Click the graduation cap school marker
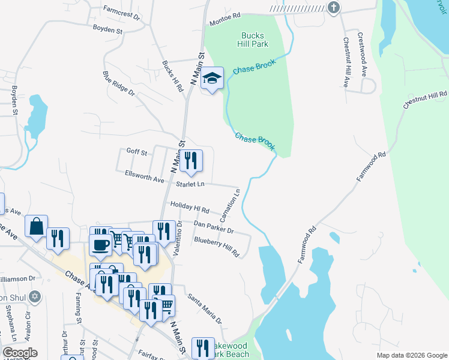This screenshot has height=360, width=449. pyautogui.click(x=212, y=78)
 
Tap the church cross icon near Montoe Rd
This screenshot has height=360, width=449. pyautogui.click(x=334, y=7)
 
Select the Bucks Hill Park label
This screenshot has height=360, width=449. pyautogui.click(x=253, y=40)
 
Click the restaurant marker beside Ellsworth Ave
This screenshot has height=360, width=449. pyautogui.click(x=191, y=160)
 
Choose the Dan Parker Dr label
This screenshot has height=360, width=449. pyautogui.click(x=213, y=226)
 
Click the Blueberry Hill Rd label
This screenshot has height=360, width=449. pyautogui.click(x=216, y=247)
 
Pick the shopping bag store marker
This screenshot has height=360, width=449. pyautogui.click(x=36, y=226)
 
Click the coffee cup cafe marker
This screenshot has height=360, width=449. pyautogui.click(x=100, y=244)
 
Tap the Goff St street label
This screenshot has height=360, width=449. pyautogui.click(x=137, y=152)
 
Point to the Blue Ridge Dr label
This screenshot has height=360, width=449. pyautogui.click(x=119, y=84)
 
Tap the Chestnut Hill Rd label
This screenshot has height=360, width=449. pyautogui.click(x=426, y=100)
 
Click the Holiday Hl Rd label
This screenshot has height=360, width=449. pyautogui.click(x=189, y=208)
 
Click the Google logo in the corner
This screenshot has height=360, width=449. pyautogui.click(x=20, y=353)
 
